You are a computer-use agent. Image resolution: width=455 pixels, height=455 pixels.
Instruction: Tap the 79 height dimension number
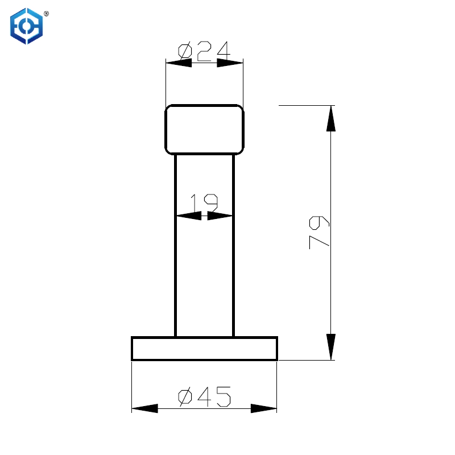(319, 232)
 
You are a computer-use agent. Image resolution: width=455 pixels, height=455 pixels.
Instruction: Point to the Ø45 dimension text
(204, 396)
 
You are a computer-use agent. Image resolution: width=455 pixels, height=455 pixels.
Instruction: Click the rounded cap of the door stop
(205, 130)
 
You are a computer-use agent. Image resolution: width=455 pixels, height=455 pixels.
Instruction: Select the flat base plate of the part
(205, 348)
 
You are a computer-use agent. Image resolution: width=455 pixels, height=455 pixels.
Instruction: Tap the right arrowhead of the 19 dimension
(221, 216)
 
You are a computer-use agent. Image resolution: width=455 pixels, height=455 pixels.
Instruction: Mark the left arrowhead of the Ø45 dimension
(144, 408)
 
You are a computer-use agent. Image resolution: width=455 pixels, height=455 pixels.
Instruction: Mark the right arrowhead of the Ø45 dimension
(264, 408)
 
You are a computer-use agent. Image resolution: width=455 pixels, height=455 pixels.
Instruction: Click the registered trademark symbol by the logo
(46, 13)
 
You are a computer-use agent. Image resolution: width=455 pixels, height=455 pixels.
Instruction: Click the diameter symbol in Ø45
(185, 396)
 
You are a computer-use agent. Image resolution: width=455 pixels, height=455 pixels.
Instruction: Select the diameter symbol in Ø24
(185, 51)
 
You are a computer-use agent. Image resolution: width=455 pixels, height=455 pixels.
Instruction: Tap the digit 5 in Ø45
(222, 396)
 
